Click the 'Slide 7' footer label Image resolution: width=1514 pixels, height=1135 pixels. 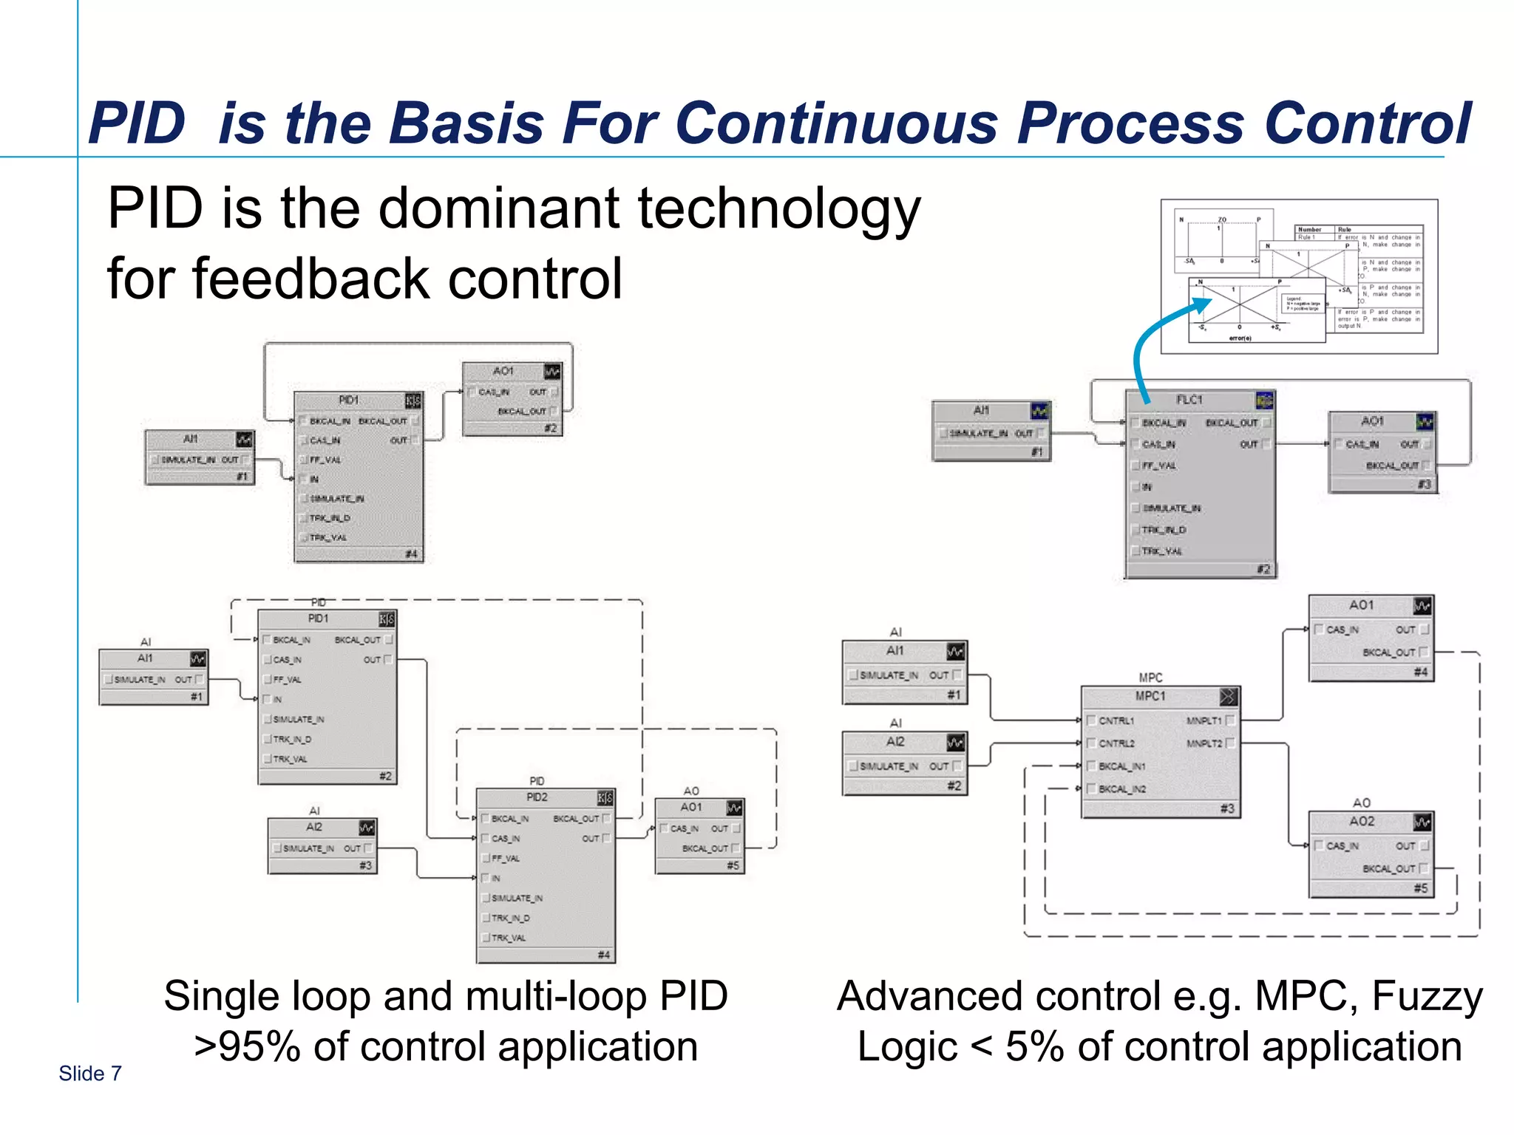(x=90, y=1074)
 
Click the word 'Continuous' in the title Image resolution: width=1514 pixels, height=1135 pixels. (x=836, y=123)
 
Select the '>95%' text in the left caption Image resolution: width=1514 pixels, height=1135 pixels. (x=247, y=1047)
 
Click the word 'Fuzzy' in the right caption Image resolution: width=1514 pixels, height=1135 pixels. (x=1426, y=996)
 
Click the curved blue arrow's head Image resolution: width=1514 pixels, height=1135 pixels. (x=1201, y=305)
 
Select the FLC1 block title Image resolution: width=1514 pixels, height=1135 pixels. (x=1189, y=400)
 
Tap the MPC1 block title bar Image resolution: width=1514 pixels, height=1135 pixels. (x=1150, y=696)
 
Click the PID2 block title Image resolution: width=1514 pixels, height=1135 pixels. (x=537, y=797)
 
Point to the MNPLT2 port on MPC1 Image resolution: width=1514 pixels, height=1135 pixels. (x=1204, y=743)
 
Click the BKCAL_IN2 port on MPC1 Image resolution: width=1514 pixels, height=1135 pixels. (x=1121, y=789)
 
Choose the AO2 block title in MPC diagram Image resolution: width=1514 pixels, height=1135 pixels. (x=1362, y=821)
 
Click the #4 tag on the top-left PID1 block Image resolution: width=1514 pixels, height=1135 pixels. (x=412, y=553)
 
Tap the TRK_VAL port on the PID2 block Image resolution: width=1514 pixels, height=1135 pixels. (x=509, y=938)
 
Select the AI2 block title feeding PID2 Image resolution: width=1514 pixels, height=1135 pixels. (x=314, y=827)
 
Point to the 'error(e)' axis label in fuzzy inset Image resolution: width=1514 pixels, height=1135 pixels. (x=1240, y=338)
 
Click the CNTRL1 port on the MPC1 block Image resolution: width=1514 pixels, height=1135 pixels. (x=1116, y=720)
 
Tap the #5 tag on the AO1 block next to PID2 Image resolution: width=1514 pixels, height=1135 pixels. (x=733, y=865)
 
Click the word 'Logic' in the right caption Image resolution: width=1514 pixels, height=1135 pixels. (x=907, y=1047)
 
